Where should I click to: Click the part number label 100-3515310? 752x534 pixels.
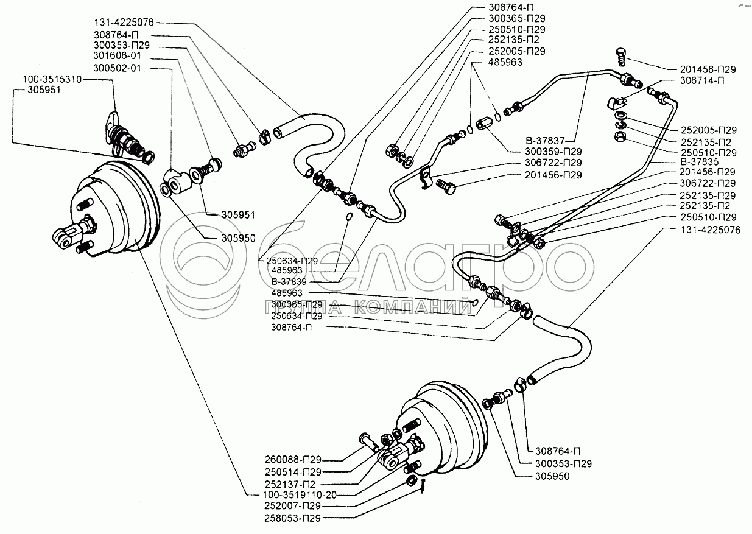coord(51,80)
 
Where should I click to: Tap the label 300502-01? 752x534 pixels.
coord(118,68)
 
